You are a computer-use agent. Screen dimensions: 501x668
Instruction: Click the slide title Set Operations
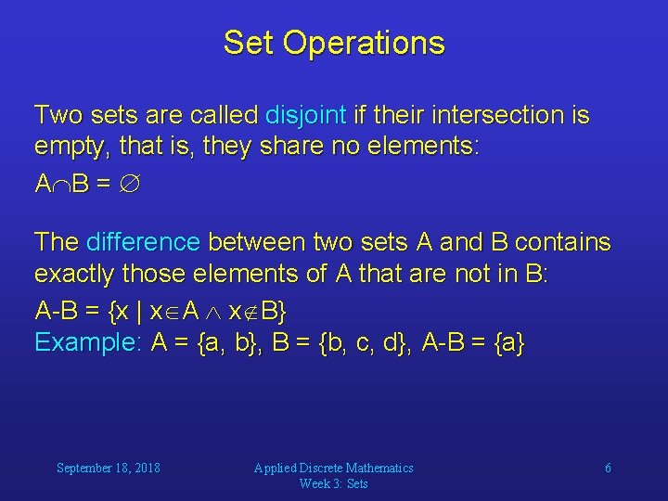334,43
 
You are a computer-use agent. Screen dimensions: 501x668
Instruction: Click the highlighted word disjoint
305,116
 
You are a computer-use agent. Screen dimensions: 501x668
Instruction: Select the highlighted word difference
143,243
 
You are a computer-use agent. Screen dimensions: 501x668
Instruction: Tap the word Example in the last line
86,343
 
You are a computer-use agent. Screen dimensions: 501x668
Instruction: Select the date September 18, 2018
108,468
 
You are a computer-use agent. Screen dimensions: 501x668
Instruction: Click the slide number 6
608,468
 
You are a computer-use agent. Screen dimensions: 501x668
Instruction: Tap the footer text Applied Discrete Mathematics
334,468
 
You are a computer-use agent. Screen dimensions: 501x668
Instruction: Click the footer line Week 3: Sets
334,483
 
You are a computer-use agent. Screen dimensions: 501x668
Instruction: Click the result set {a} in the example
508,343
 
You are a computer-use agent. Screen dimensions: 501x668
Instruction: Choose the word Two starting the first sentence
57,116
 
